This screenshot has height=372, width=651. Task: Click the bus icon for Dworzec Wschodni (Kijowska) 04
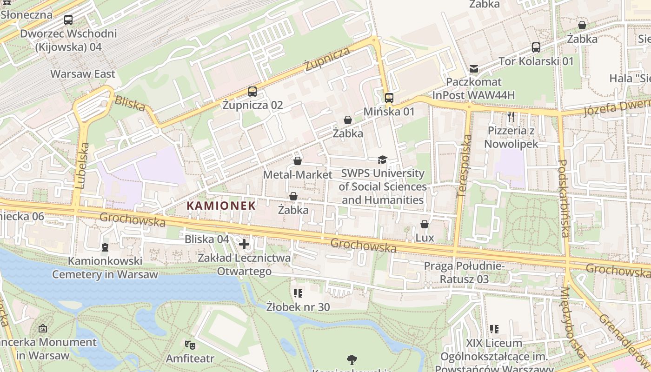coord(68,20)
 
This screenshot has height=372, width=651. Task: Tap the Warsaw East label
coord(83,74)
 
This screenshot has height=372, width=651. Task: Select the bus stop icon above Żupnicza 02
coord(252,91)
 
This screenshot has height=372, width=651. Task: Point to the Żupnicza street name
coord(327,59)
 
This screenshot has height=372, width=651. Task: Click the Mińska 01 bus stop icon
coord(389,98)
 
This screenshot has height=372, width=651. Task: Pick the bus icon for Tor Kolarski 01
coord(536,47)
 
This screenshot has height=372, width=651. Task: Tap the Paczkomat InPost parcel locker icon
coord(474,69)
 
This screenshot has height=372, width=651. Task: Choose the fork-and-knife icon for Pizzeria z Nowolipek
coord(511,116)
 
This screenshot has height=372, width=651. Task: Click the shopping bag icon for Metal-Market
coord(298,161)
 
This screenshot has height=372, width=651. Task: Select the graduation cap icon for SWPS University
coord(382,159)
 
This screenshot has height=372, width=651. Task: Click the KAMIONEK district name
coord(221,206)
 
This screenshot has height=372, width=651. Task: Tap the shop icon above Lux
coord(425,224)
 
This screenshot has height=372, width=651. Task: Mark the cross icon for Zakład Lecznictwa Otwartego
coord(244,244)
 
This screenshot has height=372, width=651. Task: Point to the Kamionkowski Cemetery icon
coord(105,246)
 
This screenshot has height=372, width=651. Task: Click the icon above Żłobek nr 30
coord(298,293)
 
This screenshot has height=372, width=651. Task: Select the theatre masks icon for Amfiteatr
coord(190,345)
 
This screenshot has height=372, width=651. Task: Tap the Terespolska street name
coord(464,166)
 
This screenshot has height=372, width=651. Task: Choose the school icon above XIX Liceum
coord(494,329)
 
